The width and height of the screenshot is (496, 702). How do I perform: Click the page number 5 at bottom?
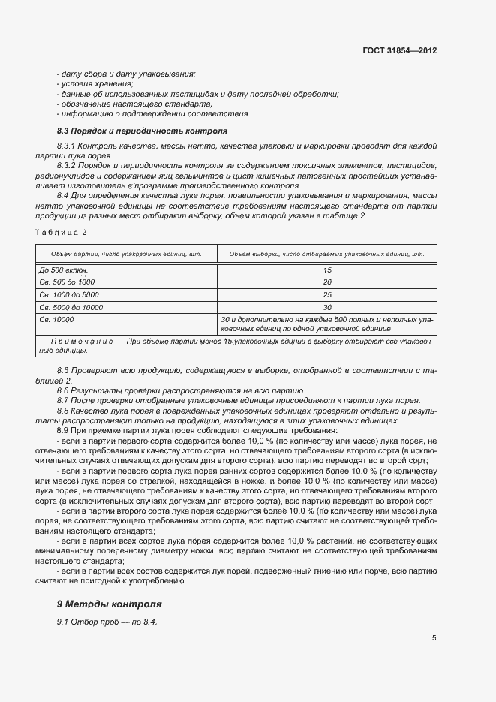[434, 638]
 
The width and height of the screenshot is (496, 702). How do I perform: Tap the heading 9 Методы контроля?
[110, 604]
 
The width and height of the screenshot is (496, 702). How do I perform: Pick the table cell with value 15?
[327, 270]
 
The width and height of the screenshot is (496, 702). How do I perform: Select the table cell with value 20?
[327, 282]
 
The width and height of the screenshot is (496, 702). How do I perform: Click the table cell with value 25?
[327, 294]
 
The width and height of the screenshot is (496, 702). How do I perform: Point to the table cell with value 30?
[327, 307]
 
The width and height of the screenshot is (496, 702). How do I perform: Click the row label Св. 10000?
[56, 319]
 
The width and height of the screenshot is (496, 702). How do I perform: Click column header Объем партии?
[126, 255]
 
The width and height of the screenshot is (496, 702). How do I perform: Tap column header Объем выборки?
[327, 255]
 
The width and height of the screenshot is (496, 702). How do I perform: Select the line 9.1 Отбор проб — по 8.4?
[107, 623]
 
